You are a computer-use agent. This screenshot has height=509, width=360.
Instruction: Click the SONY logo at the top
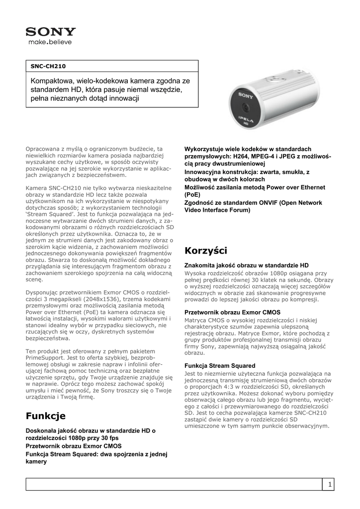pos(51,32)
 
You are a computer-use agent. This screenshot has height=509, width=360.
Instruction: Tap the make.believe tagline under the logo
pos(50,42)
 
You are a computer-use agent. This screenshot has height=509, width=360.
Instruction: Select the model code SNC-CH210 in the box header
pos(48,66)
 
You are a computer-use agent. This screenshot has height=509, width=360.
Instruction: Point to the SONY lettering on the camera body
pos(246,94)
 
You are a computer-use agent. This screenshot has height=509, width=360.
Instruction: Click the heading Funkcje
pos(46,415)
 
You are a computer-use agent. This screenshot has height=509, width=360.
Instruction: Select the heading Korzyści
pos(206,250)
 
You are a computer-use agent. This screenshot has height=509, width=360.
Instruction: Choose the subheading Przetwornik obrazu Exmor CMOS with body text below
pos(232,312)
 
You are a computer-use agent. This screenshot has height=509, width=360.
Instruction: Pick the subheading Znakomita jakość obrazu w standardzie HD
pos(247,265)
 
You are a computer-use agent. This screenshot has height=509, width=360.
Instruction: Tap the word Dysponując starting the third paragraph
pos(43,292)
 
